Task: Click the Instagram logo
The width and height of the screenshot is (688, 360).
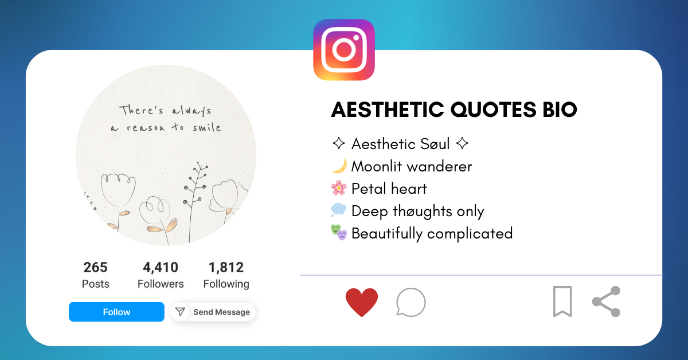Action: (x=344, y=50)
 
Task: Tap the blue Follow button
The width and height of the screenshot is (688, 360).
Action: (x=116, y=312)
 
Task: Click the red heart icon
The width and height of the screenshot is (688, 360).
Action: (x=362, y=302)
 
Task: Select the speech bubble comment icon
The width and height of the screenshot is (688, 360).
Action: (x=411, y=302)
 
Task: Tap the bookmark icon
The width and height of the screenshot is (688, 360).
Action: (x=562, y=302)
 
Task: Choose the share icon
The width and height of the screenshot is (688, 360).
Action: (x=607, y=302)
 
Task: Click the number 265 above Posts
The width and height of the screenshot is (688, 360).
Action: (x=95, y=268)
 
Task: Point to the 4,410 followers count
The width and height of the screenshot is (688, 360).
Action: (x=161, y=268)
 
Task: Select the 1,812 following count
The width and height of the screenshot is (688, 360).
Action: (x=226, y=268)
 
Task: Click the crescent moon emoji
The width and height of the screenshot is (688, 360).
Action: (x=339, y=166)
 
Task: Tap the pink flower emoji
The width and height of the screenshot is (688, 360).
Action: (x=339, y=189)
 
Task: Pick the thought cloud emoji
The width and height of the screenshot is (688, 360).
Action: (x=339, y=211)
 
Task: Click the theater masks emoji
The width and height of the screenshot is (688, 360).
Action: (x=339, y=233)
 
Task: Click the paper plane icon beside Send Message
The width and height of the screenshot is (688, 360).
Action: (x=181, y=312)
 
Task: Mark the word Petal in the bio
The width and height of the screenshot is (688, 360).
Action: (x=369, y=189)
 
